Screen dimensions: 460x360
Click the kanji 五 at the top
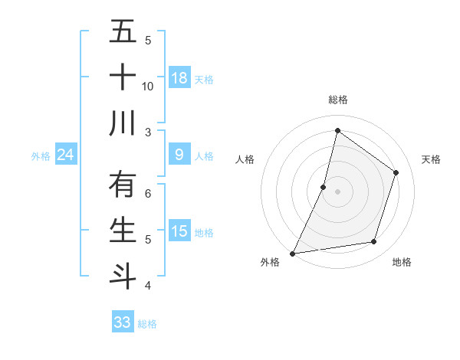pyautogui.click(x=123, y=33)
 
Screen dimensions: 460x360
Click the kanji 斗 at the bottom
pyautogui.click(x=123, y=275)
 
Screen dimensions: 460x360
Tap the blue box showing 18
pyautogui.click(x=179, y=78)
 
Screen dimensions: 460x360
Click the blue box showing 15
pyautogui.click(x=179, y=231)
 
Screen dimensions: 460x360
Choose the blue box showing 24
pyautogui.click(x=66, y=155)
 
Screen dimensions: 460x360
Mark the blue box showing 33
pyautogui.click(x=123, y=322)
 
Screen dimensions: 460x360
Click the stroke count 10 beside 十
pyautogui.click(x=148, y=87)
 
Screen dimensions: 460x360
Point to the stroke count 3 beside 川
pyautogui.click(x=148, y=132)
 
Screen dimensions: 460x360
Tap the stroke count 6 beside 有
pyautogui.click(x=148, y=193)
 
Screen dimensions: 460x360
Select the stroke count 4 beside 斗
pyautogui.click(x=148, y=285)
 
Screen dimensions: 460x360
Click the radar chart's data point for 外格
pyautogui.click(x=292, y=253)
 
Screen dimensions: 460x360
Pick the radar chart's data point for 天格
pyautogui.click(x=396, y=172)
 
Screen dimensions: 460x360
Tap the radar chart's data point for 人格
pyautogui.click(x=324, y=187)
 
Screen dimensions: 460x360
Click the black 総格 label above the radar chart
pyautogui.click(x=337, y=100)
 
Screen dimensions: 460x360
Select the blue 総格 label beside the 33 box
pyautogui.click(x=147, y=323)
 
